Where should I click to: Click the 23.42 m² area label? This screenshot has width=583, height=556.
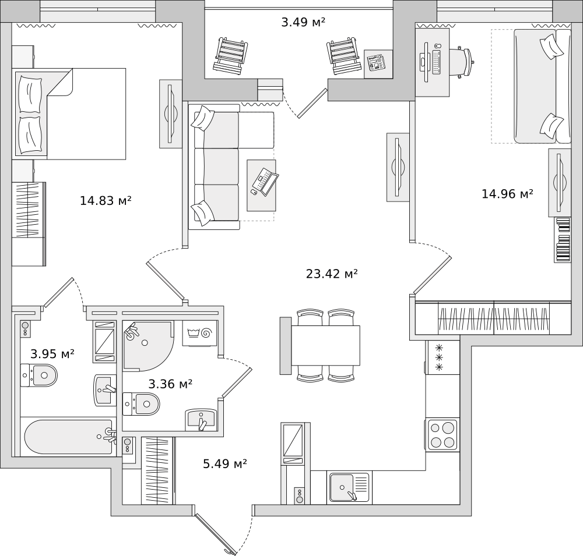(x=331, y=274)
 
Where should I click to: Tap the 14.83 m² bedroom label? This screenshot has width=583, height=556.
(x=106, y=201)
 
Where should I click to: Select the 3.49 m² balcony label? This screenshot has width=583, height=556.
(x=303, y=23)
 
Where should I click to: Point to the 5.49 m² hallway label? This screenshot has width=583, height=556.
(x=224, y=464)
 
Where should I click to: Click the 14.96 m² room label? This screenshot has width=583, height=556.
(x=507, y=194)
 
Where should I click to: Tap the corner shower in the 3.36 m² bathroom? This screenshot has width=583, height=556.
(x=146, y=346)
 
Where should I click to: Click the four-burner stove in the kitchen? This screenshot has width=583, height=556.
(x=442, y=435)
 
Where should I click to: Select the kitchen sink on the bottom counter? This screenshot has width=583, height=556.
(x=349, y=487)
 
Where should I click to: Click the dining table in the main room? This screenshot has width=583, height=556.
(x=325, y=345)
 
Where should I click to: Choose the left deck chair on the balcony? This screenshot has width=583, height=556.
(x=231, y=55)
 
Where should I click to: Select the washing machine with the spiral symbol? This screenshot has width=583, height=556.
(x=199, y=333)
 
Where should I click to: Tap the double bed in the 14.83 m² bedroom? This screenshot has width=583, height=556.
(x=70, y=114)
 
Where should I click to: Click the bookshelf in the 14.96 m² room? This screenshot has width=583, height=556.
(x=562, y=240)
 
